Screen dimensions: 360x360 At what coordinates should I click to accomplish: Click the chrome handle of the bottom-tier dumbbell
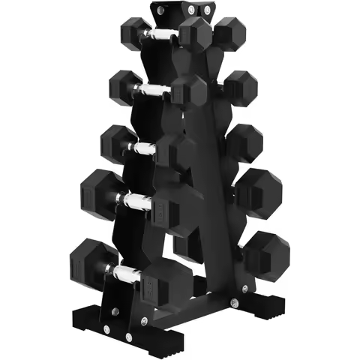[125, 270]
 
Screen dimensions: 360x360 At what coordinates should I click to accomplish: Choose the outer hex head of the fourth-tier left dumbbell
[100, 190]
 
